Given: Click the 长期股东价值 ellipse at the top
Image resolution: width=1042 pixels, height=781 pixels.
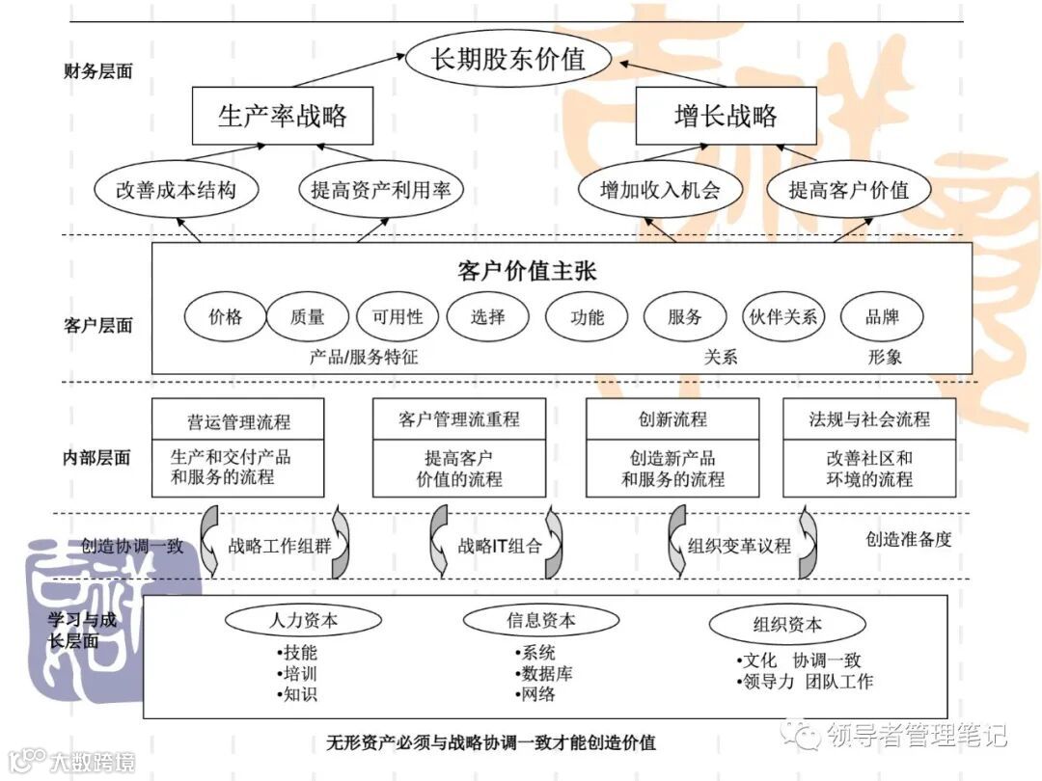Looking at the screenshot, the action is [508, 58].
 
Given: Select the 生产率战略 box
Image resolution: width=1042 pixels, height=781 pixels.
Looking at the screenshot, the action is [283, 117].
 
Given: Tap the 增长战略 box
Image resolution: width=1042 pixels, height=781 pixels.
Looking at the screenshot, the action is [726, 117].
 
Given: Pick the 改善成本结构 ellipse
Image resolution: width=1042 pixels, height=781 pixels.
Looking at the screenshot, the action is [176, 189].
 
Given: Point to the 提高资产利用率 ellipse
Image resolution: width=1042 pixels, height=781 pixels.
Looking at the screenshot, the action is [380, 189].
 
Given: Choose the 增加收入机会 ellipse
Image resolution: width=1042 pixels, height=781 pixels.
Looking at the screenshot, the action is [660, 189].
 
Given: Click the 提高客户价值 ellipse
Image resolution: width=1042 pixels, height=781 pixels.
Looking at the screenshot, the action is [848, 189].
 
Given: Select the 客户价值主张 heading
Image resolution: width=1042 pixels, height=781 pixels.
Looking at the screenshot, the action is [527, 270].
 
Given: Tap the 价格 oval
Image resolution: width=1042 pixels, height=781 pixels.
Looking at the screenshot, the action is [225, 316].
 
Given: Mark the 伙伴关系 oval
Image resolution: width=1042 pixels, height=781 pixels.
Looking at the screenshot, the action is [782, 316].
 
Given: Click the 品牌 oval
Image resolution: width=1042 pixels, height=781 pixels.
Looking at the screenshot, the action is [882, 316].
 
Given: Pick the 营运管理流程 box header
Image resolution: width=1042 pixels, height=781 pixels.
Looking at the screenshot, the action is [238, 421].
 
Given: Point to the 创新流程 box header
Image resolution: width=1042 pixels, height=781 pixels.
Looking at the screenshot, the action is [672, 419].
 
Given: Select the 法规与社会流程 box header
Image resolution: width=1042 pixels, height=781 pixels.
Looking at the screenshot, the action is [869, 419].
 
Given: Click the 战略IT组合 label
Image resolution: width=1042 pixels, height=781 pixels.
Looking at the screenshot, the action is [498, 546].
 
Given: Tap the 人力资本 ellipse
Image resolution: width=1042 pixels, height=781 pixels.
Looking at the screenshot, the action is [303, 620].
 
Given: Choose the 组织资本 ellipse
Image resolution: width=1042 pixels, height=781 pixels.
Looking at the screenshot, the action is [787, 624].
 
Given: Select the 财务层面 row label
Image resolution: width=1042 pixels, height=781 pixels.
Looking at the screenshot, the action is [97, 71].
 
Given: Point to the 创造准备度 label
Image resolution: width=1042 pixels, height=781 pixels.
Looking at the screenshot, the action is [908, 539].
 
